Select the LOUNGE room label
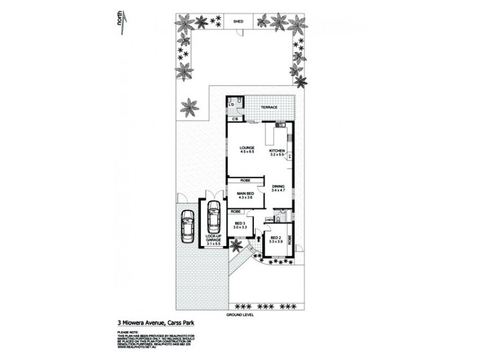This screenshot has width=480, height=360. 247,148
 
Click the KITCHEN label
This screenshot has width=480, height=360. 277,150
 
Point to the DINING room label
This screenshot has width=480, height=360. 277,187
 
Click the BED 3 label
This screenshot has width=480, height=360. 241,224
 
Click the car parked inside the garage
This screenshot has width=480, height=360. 213,218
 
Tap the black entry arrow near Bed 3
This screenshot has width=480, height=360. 259,239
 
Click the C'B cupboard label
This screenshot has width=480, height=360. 236,119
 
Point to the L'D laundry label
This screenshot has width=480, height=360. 232,106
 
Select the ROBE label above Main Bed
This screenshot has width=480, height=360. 245,180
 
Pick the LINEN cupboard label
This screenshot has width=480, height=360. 269,220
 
